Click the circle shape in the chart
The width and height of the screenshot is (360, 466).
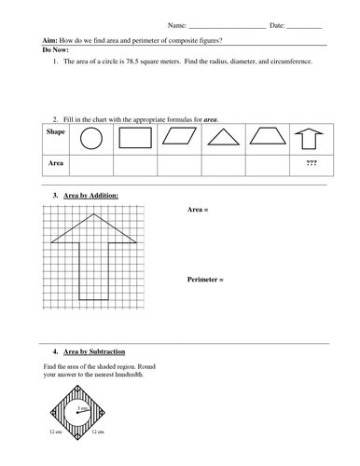[90, 139]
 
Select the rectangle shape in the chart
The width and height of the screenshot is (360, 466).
[135, 139]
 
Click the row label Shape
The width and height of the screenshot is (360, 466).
[55, 132]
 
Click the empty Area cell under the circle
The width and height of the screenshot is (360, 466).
[90, 164]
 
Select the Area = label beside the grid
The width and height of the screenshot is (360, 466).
[197, 211]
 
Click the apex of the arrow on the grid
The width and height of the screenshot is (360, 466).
[94, 212]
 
